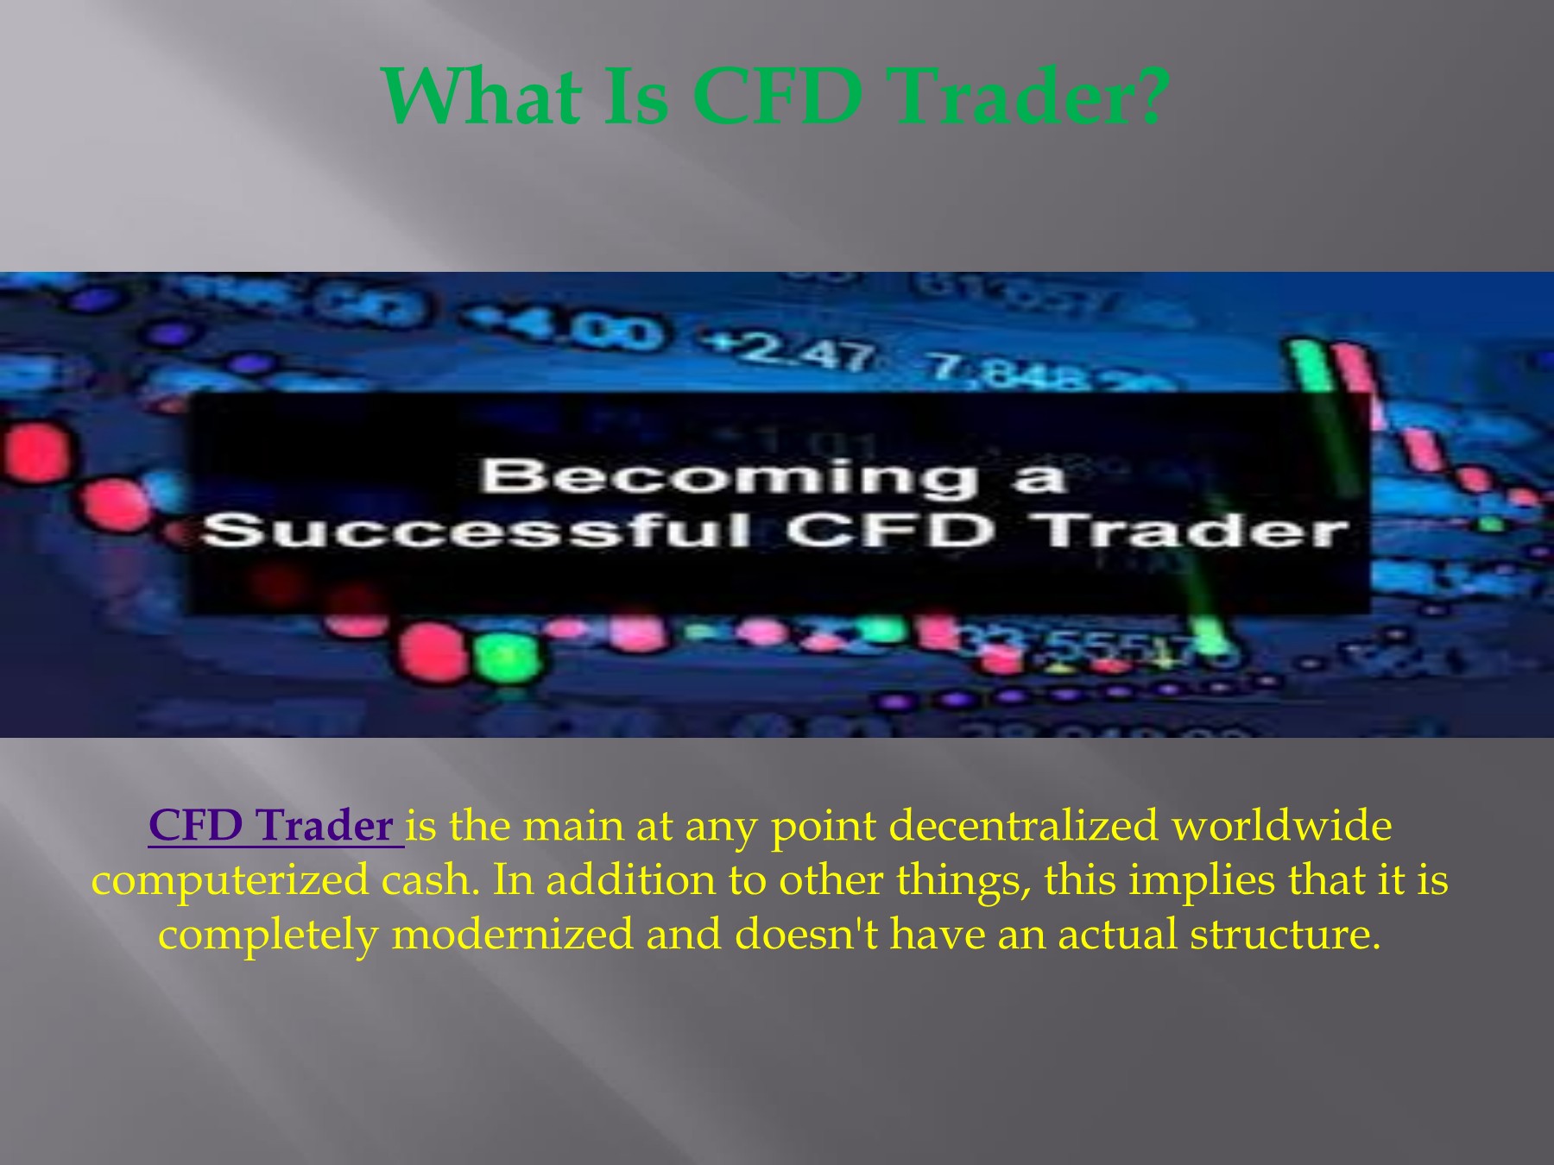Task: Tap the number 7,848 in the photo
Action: click(1006, 373)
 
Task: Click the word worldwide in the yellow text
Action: click(1281, 826)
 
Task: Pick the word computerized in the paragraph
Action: click(230, 881)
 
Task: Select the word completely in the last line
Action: click(268, 935)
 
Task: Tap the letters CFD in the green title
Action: click(777, 96)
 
